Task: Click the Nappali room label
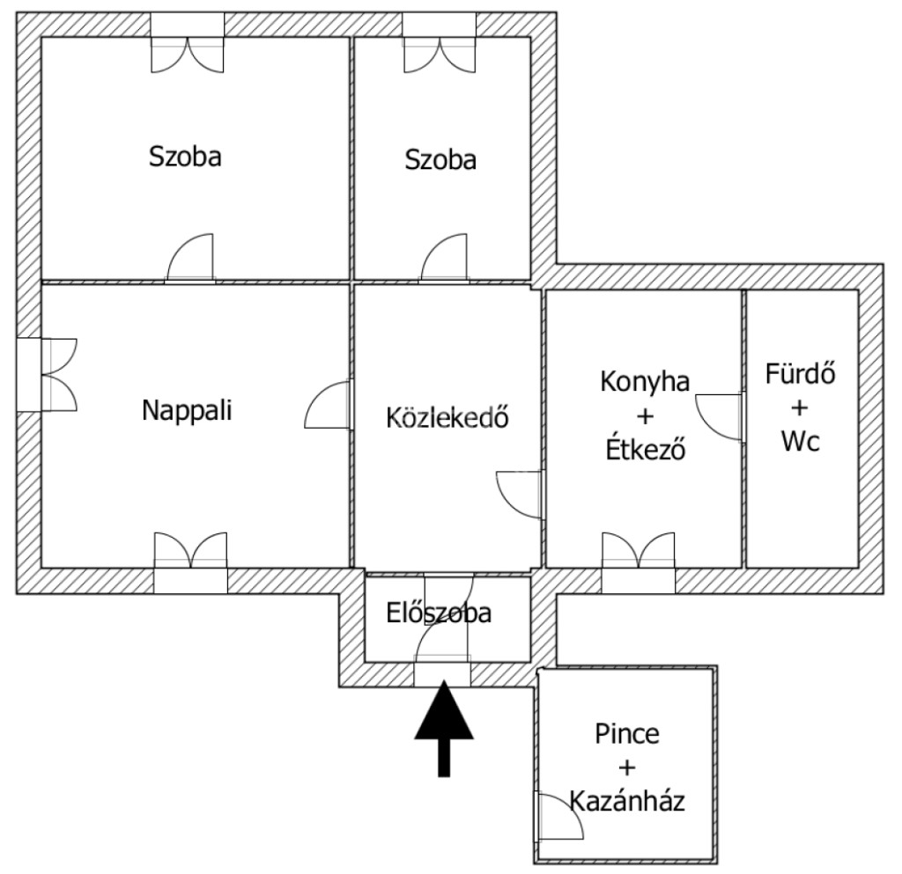187,410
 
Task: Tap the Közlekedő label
447,418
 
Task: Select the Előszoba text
439,613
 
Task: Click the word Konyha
645,382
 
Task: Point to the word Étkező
646,450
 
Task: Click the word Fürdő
800,374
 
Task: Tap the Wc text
800,441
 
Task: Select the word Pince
627,734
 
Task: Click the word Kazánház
627,800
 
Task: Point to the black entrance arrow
444,728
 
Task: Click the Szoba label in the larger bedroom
185,157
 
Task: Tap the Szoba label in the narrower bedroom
440,159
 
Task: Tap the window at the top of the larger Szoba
188,43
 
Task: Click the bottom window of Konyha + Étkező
639,563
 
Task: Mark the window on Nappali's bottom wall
190,563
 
